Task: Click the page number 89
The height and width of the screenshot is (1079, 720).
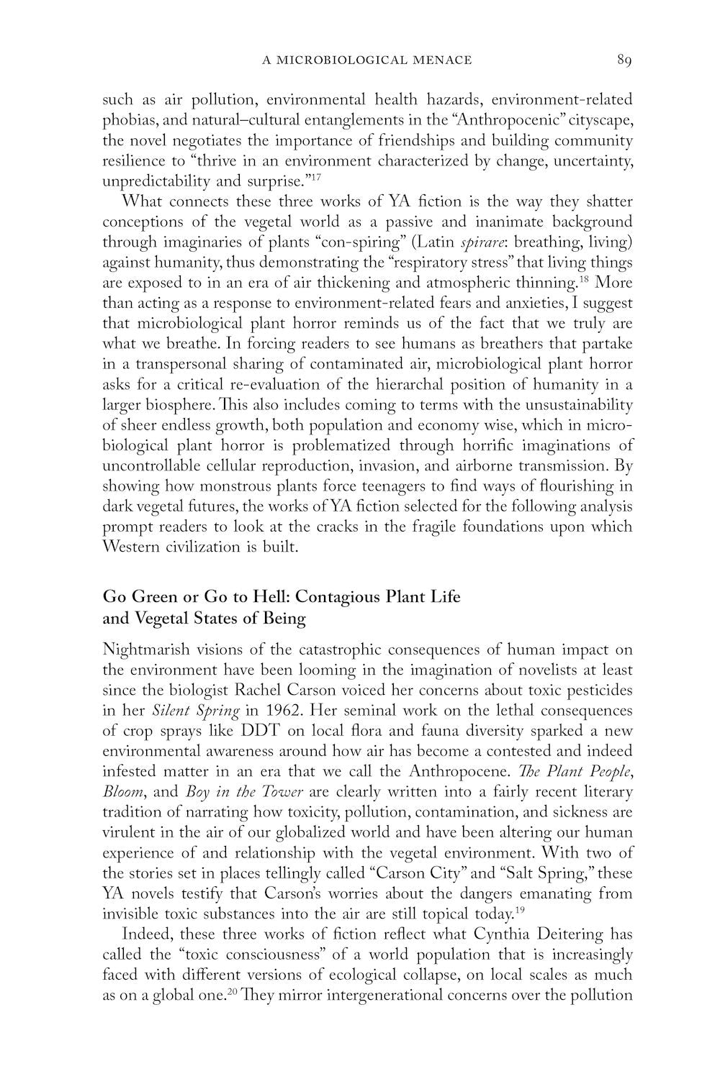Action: [x=624, y=60]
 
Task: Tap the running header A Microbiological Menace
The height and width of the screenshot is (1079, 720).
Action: [x=366, y=60]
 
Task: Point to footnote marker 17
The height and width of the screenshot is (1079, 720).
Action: [x=314, y=176]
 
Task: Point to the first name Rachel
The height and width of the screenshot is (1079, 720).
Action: [x=309, y=691]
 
